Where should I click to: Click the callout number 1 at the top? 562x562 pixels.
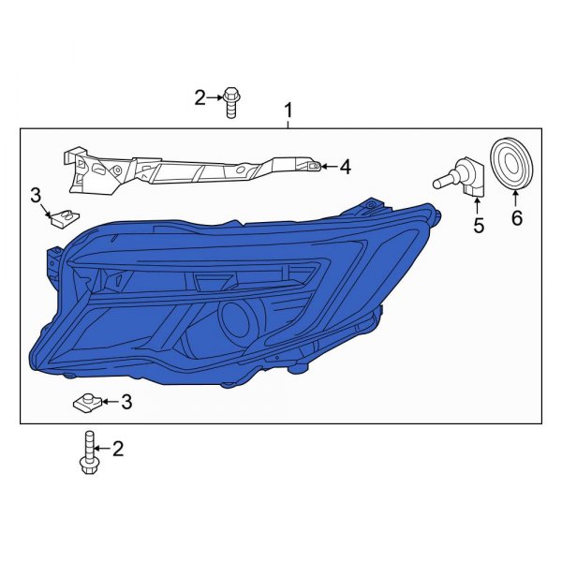click(x=288, y=111)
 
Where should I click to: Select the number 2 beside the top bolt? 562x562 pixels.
click(x=199, y=96)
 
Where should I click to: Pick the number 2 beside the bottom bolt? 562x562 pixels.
click(x=118, y=451)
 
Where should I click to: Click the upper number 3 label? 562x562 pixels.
click(x=36, y=195)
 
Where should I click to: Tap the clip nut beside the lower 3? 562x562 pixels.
click(x=85, y=404)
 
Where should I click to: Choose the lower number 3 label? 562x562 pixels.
click(x=126, y=402)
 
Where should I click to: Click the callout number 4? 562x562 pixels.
click(x=345, y=168)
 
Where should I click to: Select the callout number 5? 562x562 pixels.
click(x=479, y=225)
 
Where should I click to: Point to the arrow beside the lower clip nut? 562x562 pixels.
click(x=110, y=402)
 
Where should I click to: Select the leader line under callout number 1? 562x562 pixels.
click(x=288, y=124)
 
